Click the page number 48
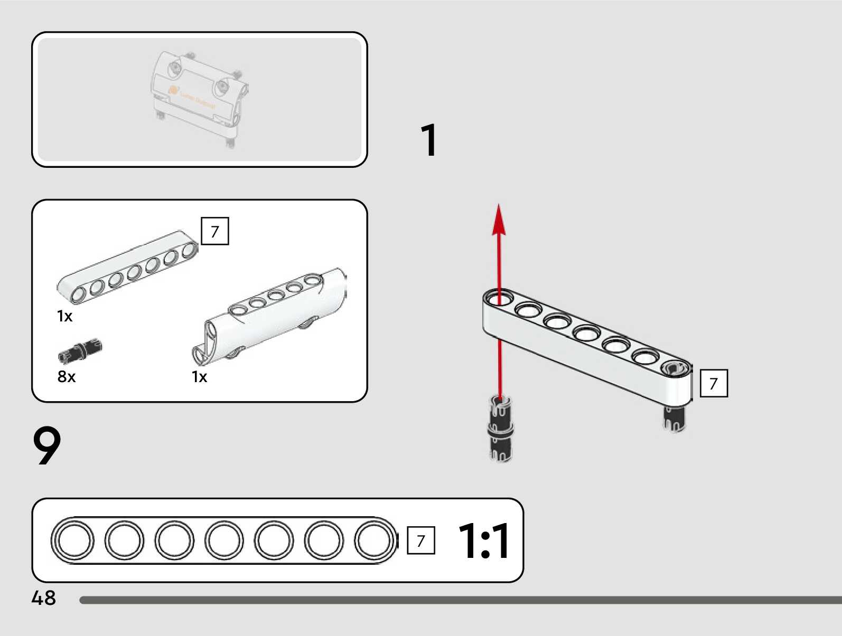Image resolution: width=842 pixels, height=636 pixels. pyautogui.click(x=43, y=598)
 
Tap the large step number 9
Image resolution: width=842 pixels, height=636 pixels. pyautogui.click(x=47, y=446)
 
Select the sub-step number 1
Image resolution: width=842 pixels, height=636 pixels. pyautogui.click(x=429, y=140)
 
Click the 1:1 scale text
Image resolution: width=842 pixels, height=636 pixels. pyautogui.click(x=483, y=540)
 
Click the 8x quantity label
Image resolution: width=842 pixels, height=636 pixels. pyautogui.click(x=67, y=377)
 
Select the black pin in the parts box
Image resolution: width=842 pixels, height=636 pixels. pyautogui.click(x=80, y=351)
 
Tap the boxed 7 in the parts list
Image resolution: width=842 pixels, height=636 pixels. pyautogui.click(x=215, y=231)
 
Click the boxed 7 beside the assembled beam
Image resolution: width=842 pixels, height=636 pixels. pyautogui.click(x=714, y=383)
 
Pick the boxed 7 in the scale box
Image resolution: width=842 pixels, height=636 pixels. pyautogui.click(x=421, y=540)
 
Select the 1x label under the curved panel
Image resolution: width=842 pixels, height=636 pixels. pyautogui.click(x=199, y=377)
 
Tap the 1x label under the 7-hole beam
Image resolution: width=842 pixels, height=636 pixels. pyautogui.click(x=64, y=316)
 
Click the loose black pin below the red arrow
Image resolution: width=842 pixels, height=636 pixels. pyautogui.click(x=500, y=429)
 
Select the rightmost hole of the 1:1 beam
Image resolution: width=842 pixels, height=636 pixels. pyautogui.click(x=373, y=540)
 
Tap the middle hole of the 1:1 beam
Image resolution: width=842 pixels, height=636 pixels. pyautogui.click(x=224, y=540)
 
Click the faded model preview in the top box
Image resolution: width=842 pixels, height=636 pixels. pyautogui.click(x=199, y=98)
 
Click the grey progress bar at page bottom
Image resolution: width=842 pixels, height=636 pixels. pyautogui.click(x=460, y=600)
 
